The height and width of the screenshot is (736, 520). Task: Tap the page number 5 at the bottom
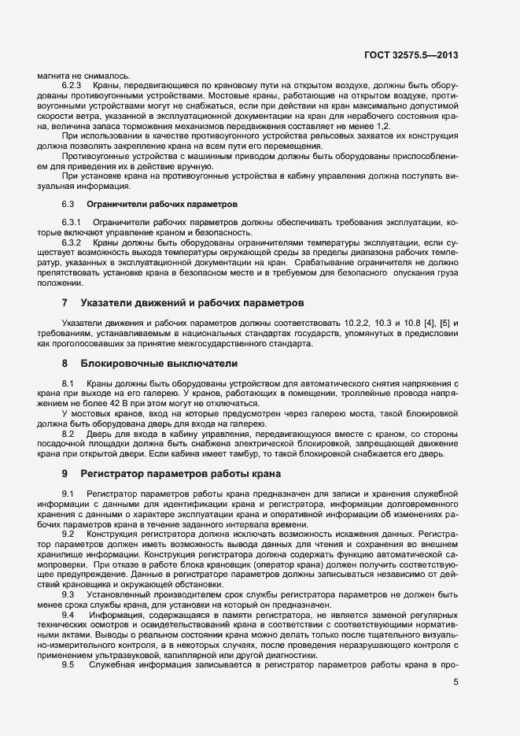tap(456, 682)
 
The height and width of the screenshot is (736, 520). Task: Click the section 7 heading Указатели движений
tap(186, 302)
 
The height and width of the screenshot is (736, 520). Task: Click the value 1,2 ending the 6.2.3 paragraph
tap(382, 126)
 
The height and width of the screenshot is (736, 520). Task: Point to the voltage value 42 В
tap(109, 402)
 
